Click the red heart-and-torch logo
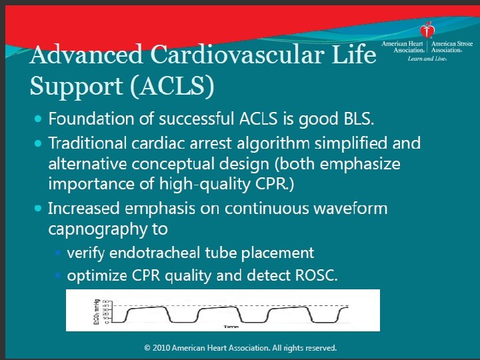click(427, 31)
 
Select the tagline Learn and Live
click(427, 59)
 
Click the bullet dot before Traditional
click(37, 143)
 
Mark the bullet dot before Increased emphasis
click(37, 208)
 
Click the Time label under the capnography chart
click(231, 327)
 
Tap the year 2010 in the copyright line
click(165, 348)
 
